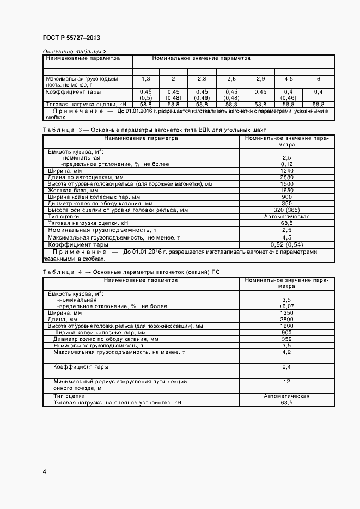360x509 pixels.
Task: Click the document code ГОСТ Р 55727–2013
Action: pyautogui.click(x=71, y=38)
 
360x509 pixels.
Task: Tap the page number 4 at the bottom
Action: pyautogui.click(x=44, y=470)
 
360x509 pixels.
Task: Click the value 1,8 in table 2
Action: pyautogui.click(x=146, y=79)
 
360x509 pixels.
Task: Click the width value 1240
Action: pyautogui.click(x=286, y=171)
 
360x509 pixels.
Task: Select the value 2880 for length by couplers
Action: pyautogui.click(x=286, y=177)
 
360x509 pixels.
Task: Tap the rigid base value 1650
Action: pyautogui.click(x=286, y=191)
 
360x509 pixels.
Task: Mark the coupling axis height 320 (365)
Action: pyautogui.click(x=286, y=210)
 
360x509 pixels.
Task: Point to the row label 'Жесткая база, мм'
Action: pyautogui.click(x=73, y=191)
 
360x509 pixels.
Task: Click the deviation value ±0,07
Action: pyautogui.click(x=286, y=306)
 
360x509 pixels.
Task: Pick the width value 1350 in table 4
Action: pyautogui.click(x=286, y=313)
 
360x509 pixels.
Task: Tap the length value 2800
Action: pyautogui.click(x=286, y=320)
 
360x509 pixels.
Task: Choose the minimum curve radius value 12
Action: pyautogui.click(x=286, y=382)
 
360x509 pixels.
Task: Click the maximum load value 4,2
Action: pyautogui.click(x=286, y=352)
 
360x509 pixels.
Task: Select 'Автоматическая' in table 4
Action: pyautogui.click(x=286, y=396)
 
